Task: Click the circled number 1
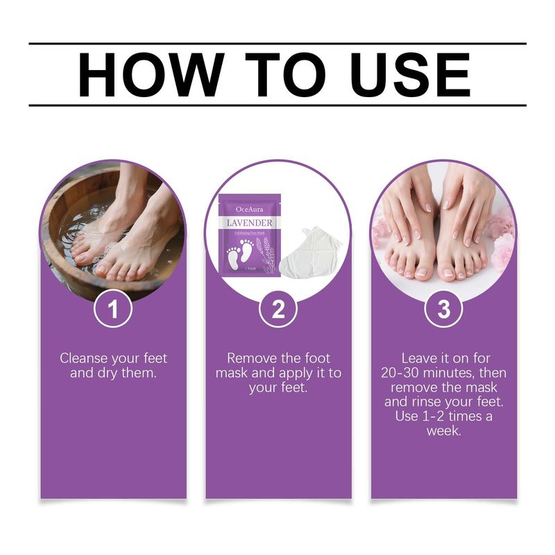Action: click(x=112, y=310)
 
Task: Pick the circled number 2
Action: click(x=278, y=310)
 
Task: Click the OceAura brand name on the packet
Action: click(x=249, y=207)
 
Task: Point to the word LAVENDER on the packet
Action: click(x=249, y=221)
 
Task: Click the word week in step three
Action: click(x=444, y=431)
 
